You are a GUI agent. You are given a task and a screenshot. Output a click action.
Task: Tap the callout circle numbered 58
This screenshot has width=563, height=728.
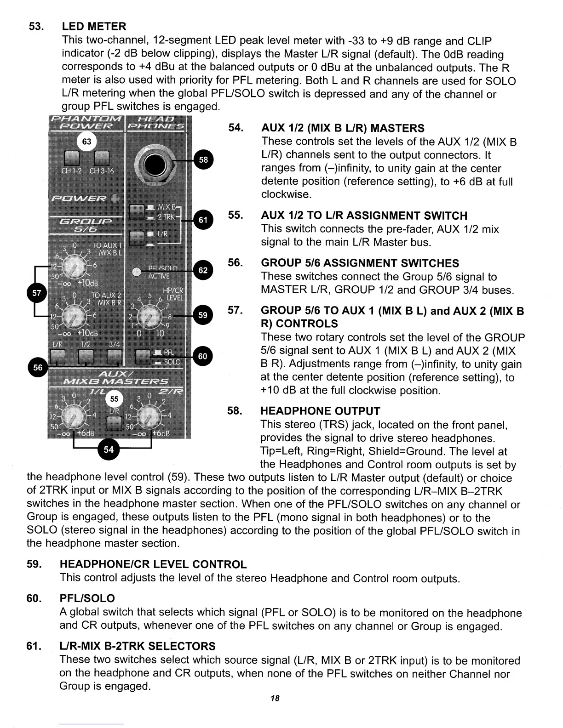tap(203, 159)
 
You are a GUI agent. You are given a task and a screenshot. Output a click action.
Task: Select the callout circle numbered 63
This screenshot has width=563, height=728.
tap(86, 141)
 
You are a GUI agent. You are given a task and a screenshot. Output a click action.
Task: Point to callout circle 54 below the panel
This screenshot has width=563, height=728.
tap(108, 449)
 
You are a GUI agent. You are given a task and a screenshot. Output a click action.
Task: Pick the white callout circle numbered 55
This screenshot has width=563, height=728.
tap(114, 399)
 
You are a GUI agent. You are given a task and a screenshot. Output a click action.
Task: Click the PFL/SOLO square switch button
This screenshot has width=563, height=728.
tap(143, 356)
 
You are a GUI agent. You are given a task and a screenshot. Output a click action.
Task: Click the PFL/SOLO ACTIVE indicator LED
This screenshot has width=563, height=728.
tap(136, 272)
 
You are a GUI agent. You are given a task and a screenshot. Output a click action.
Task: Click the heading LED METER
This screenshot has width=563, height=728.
tap(94, 26)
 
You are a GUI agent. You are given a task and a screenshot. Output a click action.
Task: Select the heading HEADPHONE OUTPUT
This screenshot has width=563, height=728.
tap(320, 411)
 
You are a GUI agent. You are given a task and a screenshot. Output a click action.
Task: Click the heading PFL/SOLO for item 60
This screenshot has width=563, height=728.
tap(87, 598)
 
